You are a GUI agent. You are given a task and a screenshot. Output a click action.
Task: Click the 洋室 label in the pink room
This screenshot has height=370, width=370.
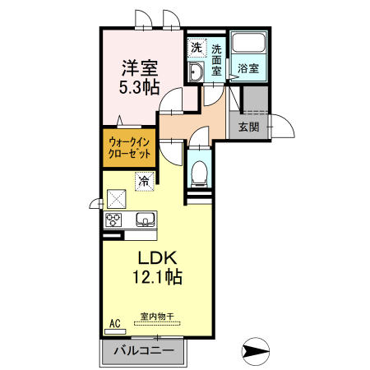(x=140, y=68)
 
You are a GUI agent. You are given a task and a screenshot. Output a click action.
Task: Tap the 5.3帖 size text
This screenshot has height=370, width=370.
(x=139, y=88)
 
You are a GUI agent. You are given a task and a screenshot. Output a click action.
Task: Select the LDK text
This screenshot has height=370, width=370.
(x=157, y=258)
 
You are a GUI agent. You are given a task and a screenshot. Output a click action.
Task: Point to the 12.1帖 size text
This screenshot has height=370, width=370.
(x=158, y=276)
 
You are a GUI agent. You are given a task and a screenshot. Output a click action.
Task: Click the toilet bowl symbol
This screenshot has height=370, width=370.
(x=199, y=173)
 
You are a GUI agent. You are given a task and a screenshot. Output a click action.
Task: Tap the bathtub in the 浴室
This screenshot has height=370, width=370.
(x=248, y=43)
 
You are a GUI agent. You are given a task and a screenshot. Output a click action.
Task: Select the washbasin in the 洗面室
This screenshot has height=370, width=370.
(x=196, y=72)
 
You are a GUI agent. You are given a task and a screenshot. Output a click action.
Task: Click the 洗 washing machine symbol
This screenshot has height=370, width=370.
(x=197, y=48)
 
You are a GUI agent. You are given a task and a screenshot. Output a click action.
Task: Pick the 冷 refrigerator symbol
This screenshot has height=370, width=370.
(x=144, y=181)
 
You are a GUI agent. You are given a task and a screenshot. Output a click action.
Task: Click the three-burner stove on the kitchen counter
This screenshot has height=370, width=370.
(x=113, y=220)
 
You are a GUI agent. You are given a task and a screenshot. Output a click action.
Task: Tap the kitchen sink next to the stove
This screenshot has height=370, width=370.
(x=146, y=220)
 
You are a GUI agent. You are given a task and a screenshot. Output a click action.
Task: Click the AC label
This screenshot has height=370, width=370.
(x=115, y=323)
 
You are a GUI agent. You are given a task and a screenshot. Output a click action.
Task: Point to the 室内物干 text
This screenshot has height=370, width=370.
(x=157, y=317)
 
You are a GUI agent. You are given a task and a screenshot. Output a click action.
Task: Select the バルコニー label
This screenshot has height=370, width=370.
(x=144, y=351)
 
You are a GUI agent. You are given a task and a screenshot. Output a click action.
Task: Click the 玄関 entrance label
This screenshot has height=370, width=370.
(x=248, y=127)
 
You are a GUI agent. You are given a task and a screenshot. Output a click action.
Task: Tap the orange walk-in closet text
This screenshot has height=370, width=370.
(x=129, y=148)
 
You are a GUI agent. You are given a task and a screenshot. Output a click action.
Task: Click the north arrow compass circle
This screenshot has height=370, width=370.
(x=256, y=351)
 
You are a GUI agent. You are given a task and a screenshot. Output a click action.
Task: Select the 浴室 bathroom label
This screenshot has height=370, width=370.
(x=248, y=68)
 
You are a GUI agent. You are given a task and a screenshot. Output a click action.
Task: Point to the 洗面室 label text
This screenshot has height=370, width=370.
(x=216, y=60)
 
